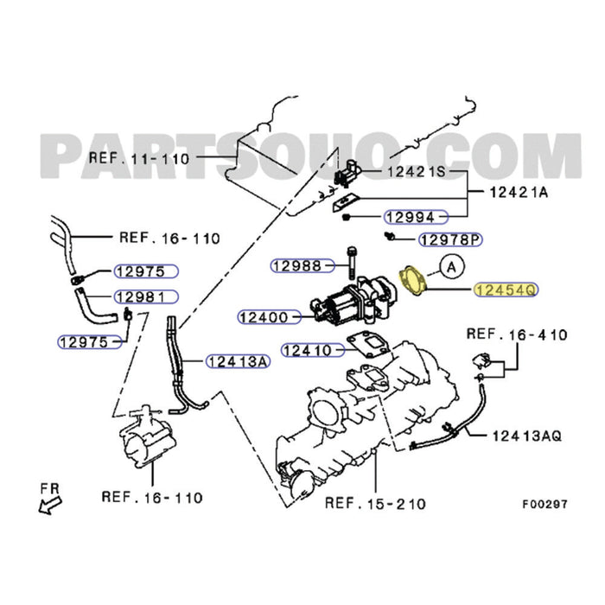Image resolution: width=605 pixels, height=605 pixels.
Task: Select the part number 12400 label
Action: [264, 317]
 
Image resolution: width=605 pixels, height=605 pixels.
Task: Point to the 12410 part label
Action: [307, 351]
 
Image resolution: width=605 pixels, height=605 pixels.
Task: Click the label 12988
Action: [297, 265]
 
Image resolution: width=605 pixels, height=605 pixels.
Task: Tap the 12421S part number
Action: [415, 172]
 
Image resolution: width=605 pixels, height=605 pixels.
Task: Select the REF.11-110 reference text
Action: [139, 158]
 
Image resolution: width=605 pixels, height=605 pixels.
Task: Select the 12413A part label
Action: [236, 360]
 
